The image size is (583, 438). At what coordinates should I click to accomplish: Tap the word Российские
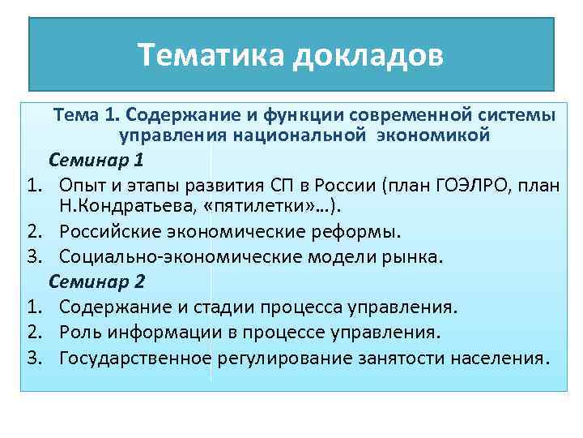pos(109,233)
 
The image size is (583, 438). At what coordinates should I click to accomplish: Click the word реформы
pos(357,233)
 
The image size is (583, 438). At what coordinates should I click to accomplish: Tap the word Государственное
pos(135,357)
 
